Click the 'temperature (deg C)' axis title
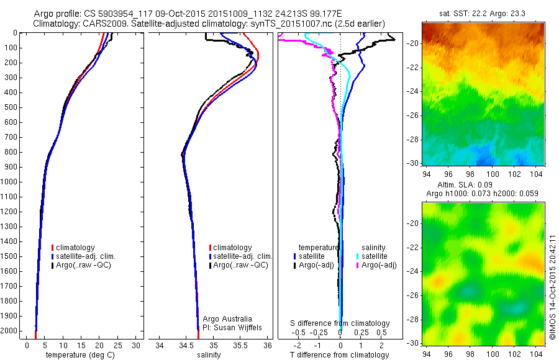pyautogui.click(x=78, y=355)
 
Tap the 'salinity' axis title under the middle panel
pyautogui.click(x=209, y=355)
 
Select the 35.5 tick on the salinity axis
pyautogui.click(x=240, y=345)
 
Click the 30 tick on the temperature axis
pyautogui.click(x=137, y=345)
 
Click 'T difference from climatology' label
pyautogui.click(x=340, y=355)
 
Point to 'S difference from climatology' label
pyautogui.click(x=340, y=323)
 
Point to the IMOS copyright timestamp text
pyautogui.click(x=552, y=286)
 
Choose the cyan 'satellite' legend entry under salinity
pyautogui.click(x=375, y=256)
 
